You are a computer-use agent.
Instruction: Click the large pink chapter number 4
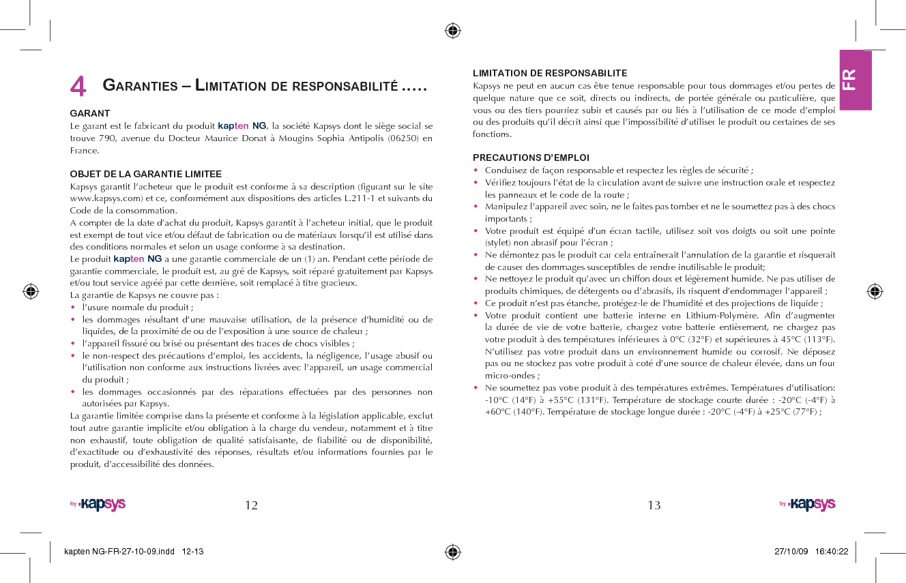coord(78,87)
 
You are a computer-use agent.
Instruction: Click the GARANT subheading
coord(90,113)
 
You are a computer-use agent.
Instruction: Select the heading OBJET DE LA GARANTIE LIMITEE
coord(146,174)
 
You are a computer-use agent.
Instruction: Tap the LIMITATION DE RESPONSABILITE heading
coord(550,73)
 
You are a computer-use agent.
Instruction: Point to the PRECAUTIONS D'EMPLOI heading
coord(531,158)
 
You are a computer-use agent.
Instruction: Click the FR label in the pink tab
coord(849,80)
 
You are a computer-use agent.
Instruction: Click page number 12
coord(251,505)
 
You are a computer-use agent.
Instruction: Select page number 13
coord(654,505)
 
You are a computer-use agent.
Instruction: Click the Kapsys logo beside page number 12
coord(100,505)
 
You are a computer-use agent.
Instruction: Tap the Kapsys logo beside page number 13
coord(809,505)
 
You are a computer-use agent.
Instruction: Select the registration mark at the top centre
coord(452,30)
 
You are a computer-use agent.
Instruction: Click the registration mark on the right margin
coord(875,291)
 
